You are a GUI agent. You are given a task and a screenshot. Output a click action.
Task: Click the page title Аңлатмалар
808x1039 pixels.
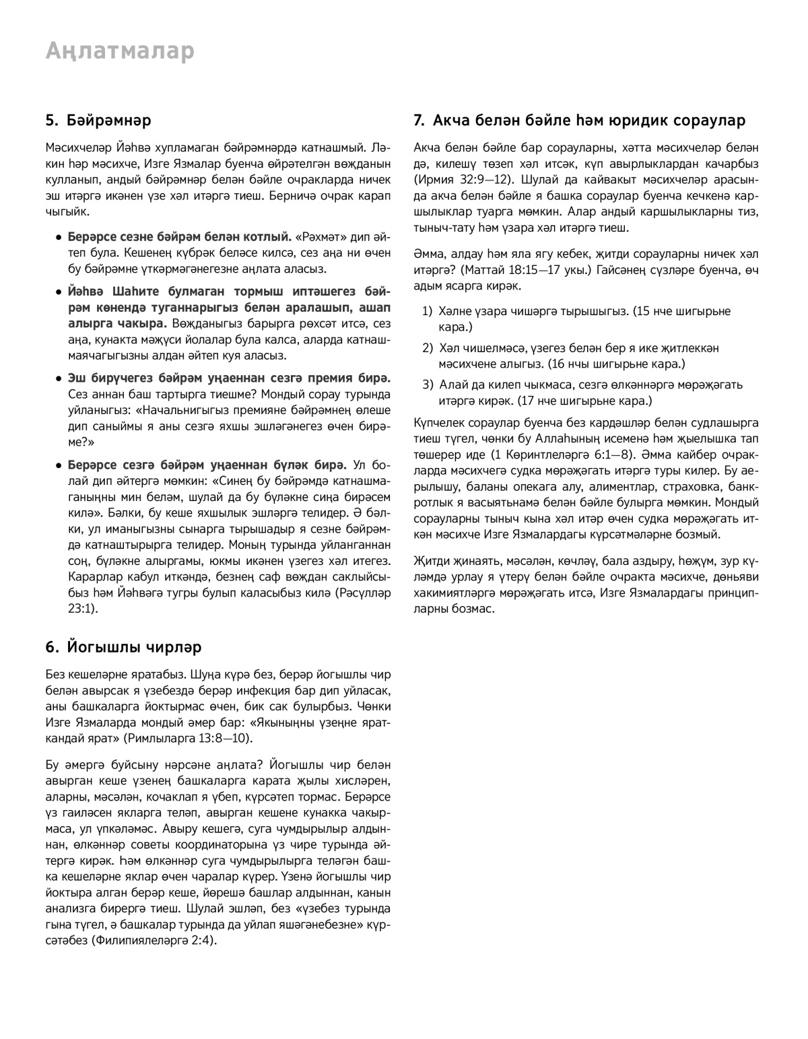click(120, 51)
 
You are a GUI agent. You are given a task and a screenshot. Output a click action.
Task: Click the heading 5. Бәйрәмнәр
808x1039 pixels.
click(98, 121)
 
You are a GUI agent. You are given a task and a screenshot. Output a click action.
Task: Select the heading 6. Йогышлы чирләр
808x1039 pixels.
click(124, 647)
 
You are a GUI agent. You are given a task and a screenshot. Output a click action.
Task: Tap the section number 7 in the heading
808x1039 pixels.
click(418, 121)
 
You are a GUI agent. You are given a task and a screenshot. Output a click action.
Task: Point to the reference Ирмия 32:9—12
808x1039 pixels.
click(460, 180)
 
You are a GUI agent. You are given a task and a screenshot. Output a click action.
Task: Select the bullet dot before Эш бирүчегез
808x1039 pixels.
click(59, 378)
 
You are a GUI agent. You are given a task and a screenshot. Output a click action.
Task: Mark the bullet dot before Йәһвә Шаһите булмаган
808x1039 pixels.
click(59, 294)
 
